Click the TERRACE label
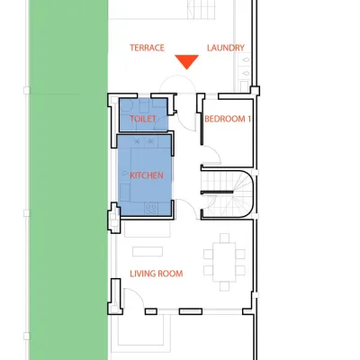tap(147, 48)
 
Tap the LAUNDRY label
tap(226, 48)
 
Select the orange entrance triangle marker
tap(186, 61)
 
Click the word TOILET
tap(143, 119)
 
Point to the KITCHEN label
tap(147, 175)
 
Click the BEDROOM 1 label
tap(228, 119)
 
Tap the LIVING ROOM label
tap(157, 274)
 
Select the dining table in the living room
tap(224, 262)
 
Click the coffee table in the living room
tap(148, 252)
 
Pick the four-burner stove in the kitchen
tap(151, 209)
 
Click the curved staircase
tap(229, 193)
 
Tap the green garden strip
tap(68, 180)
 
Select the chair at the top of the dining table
tap(224, 238)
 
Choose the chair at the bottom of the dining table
tap(224, 286)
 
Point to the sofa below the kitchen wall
tap(148, 229)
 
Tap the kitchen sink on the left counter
tap(125, 173)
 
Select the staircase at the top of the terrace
tap(201, 10)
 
